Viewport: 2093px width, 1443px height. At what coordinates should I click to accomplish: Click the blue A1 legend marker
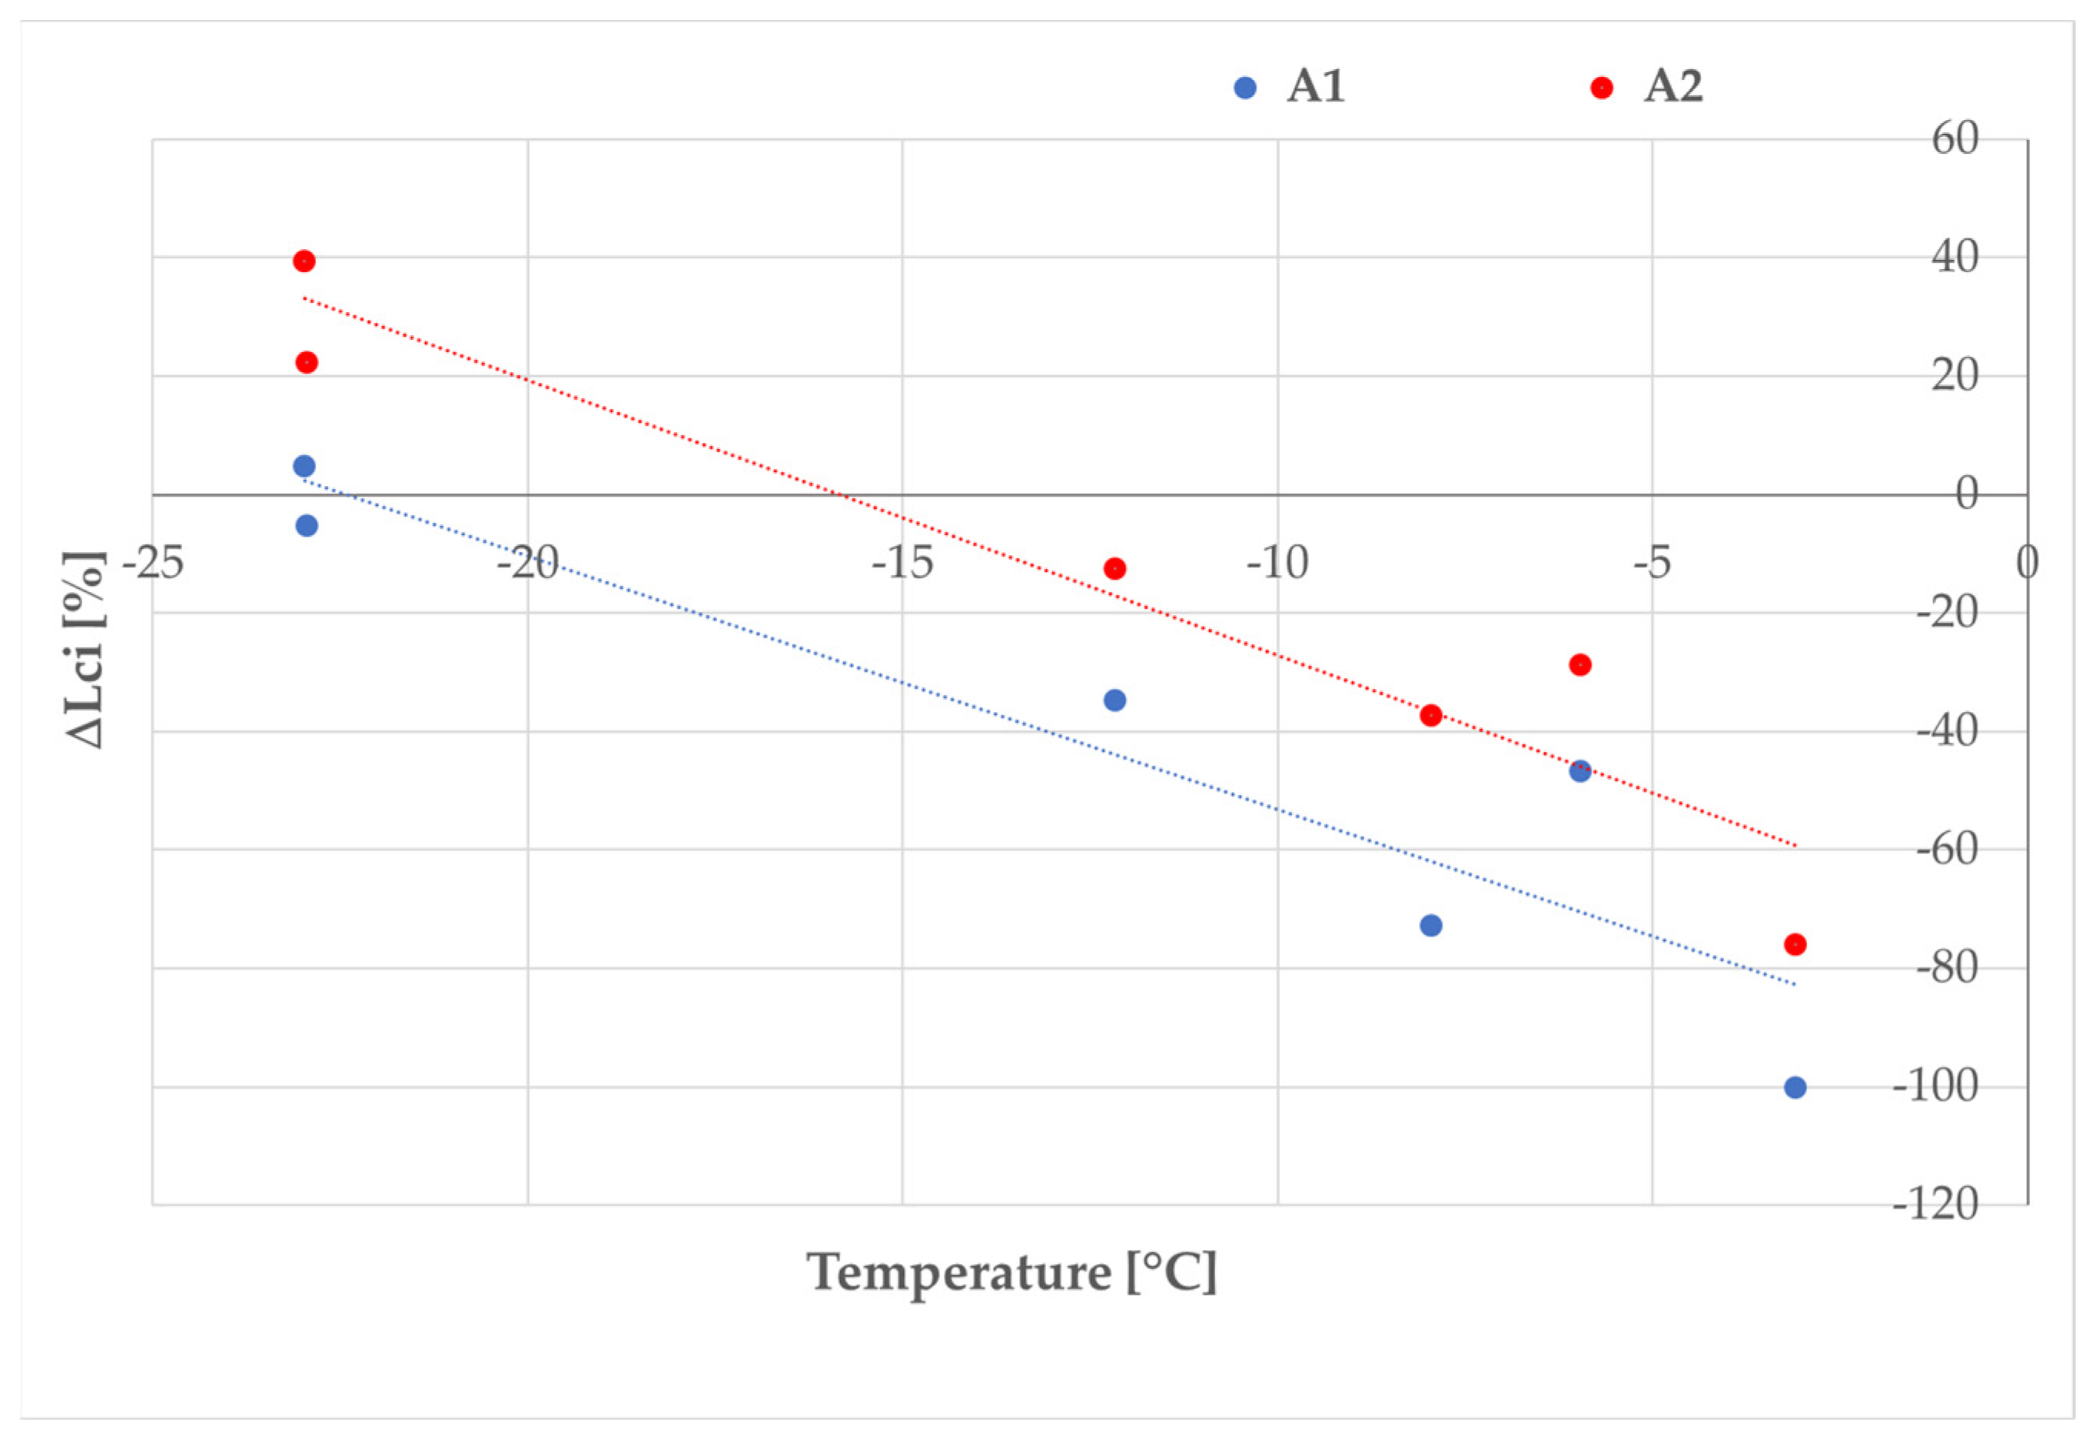click(x=1244, y=88)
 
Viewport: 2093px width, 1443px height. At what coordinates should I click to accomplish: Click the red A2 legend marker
click(x=1600, y=88)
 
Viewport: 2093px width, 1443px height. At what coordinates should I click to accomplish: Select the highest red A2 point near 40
click(x=304, y=261)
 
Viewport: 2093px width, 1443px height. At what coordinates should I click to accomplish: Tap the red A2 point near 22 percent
click(x=307, y=363)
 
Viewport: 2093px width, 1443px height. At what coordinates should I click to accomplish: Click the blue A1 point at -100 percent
click(x=1795, y=1088)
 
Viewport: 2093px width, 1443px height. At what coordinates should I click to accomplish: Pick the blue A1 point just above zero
click(x=304, y=467)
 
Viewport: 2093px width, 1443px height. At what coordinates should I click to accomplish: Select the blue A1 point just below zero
click(x=307, y=525)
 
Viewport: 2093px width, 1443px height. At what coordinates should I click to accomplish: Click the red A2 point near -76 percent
click(x=1795, y=945)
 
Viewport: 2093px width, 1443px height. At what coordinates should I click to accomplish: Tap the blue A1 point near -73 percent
click(x=1430, y=926)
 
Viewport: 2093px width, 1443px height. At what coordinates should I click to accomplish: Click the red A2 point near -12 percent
click(x=1115, y=569)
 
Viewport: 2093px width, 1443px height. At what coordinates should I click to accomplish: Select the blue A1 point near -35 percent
click(x=1115, y=700)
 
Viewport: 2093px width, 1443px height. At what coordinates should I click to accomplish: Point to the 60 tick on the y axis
click(x=1955, y=139)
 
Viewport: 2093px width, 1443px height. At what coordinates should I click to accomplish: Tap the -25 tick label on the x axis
click(x=154, y=564)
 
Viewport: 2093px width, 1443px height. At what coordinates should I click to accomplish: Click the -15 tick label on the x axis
click(x=902, y=564)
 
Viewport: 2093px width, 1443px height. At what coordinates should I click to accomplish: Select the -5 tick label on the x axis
click(x=1651, y=564)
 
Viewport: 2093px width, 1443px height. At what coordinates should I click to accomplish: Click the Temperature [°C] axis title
click(x=1012, y=1273)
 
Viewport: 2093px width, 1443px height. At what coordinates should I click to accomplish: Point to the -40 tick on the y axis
click(x=1945, y=730)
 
